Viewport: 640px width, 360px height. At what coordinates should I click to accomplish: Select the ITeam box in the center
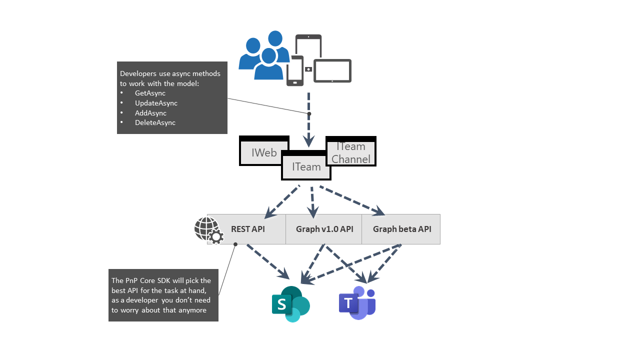(x=306, y=166)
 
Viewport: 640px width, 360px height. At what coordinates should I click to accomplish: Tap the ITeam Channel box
(x=351, y=152)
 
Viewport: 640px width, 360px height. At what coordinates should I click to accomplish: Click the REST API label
(x=248, y=229)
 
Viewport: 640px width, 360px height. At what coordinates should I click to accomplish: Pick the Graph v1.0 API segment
(x=324, y=229)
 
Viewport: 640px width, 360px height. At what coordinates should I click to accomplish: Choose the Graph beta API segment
(x=401, y=229)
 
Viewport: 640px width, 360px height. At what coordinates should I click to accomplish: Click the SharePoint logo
(x=290, y=304)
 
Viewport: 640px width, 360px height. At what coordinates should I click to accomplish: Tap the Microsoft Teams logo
(x=357, y=303)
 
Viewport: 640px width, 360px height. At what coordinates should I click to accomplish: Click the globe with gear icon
(x=208, y=230)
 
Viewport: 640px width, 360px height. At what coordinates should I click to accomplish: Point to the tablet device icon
(x=332, y=70)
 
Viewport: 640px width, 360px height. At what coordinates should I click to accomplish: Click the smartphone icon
(x=295, y=71)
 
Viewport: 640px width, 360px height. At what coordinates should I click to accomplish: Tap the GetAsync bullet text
(x=150, y=93)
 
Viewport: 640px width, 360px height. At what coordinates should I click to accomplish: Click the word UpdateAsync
(x=156, y=103)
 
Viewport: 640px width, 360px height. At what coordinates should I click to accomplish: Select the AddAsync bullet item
(x=150, y=113)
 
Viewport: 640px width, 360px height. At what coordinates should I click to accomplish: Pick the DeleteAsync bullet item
(x=155, y=122)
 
